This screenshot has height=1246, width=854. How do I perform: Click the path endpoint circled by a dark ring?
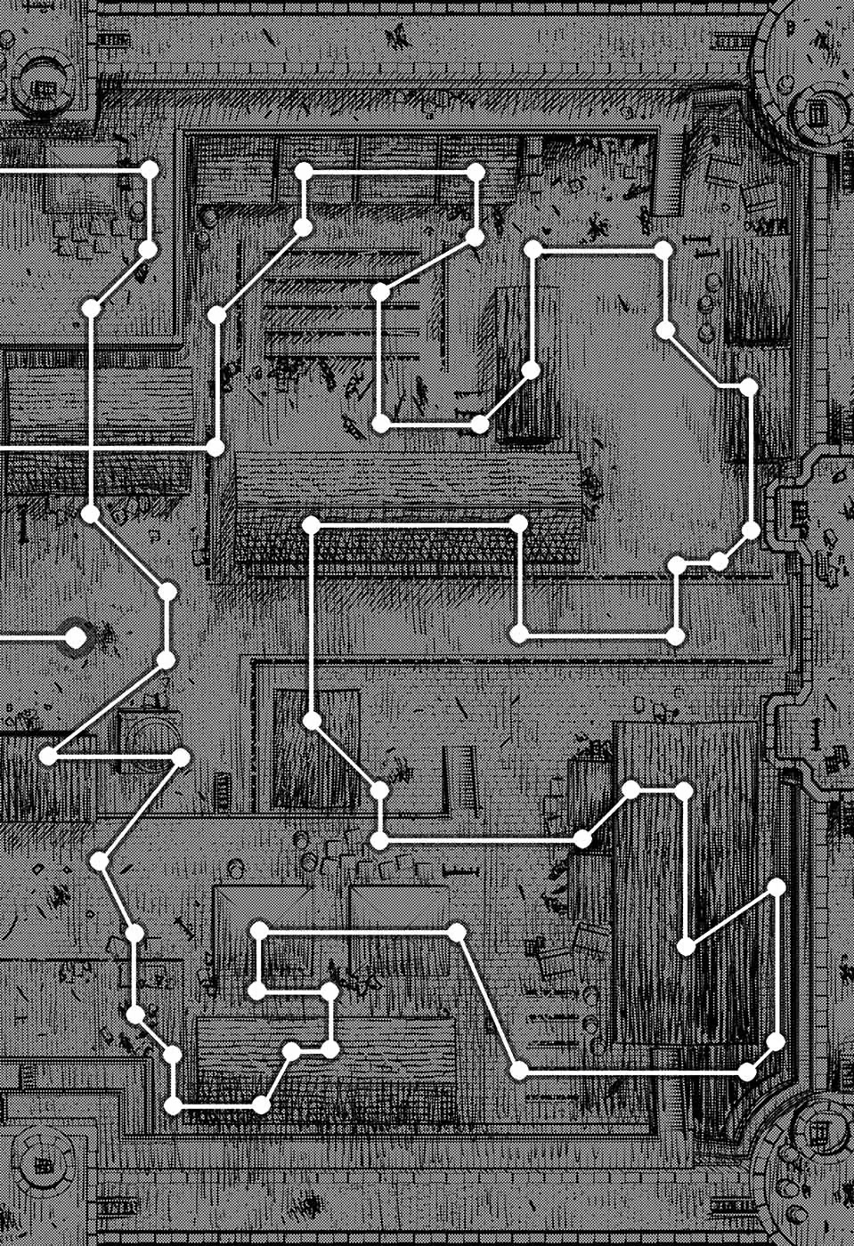tap(77, 637)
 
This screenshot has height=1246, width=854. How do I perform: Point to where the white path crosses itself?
tap(91, 445)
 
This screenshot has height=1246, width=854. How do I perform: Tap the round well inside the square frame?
tap(148, 735)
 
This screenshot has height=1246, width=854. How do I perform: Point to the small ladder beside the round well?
tap(223, 788)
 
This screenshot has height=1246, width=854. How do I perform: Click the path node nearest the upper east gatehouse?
tap(751, 531)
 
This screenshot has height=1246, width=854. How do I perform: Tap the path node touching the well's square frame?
tap(181, 757)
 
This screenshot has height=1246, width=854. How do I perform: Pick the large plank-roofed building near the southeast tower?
tap(686, 881)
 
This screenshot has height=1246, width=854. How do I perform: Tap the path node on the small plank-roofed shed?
tap(312, 721)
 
